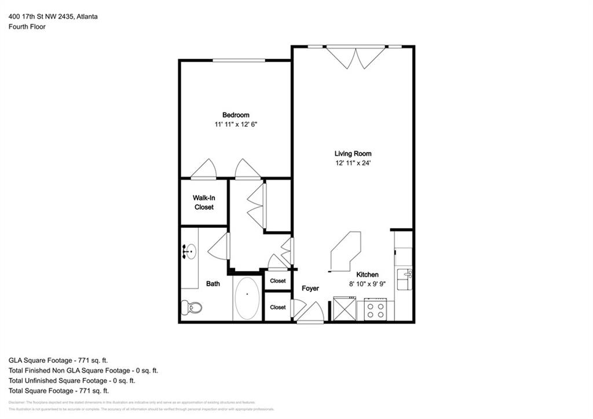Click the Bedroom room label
(236, 115)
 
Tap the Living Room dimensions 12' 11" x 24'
(353, 163)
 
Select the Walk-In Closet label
(204, 202)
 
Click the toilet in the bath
(192, 308)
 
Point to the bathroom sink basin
(189, 252)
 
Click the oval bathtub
(247, 298)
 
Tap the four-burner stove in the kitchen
(375, 310)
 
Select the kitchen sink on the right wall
(403, 276)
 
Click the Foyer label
(310, 289)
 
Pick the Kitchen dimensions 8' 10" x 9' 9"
(367, 284)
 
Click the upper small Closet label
(278, 281)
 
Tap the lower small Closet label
(278, 308)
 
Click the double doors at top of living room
(355, 57)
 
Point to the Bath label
(213, 284)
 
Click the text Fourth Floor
(27, 27)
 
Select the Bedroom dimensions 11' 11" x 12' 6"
(236, 125)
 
